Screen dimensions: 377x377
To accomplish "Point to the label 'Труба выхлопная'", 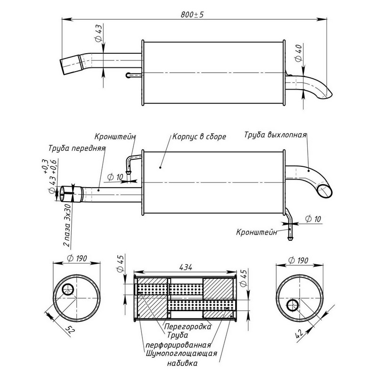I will pyautogui.click(x=276, y=135).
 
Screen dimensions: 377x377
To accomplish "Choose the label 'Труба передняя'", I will pyautogui.click(x=76, y=148).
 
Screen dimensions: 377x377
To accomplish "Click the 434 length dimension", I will pyautogui.click(x=185, y=267).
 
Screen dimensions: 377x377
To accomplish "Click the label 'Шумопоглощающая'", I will pyautogui.click(x=181, y=353).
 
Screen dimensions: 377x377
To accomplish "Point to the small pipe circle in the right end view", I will pyautogui.click(x=292, y=304).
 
